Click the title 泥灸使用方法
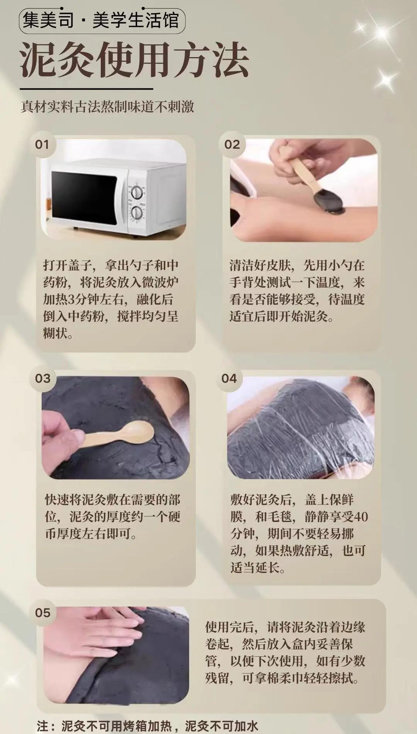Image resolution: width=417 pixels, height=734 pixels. point(134,60)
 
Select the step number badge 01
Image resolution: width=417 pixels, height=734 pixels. point(42,145)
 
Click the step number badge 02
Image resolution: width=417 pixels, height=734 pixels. point(232,145)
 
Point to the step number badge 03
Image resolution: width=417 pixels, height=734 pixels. point(42,378)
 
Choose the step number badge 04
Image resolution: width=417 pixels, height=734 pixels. point(229,378)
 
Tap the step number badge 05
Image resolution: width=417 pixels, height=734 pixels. point(42,613)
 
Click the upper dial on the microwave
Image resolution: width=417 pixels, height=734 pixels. point(136,192)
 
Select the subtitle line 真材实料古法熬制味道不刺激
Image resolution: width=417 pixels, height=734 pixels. point(107,107)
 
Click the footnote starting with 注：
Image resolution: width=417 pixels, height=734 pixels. point(148,726)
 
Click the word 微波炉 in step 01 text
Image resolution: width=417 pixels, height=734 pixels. point(160,282)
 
